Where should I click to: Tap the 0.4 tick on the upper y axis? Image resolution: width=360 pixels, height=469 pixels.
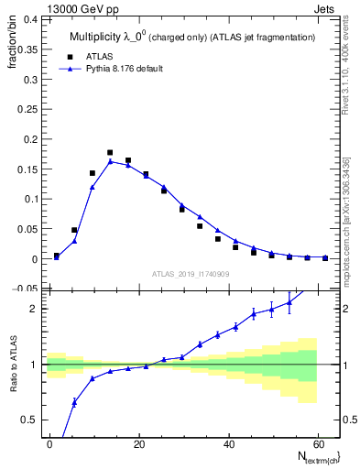click(30, 17)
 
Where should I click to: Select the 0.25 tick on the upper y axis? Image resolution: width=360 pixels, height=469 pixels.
click(27, 108)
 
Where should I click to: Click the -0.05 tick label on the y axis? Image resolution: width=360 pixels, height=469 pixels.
click(26, 289)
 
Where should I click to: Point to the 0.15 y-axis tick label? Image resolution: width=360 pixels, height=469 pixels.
click(27, 169)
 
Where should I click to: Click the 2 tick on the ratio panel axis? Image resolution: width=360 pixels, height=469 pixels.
click(35, 309)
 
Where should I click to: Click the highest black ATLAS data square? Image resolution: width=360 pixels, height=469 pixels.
click(110, 153)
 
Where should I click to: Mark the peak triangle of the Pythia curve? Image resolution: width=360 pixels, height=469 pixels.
click(110, 161)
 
